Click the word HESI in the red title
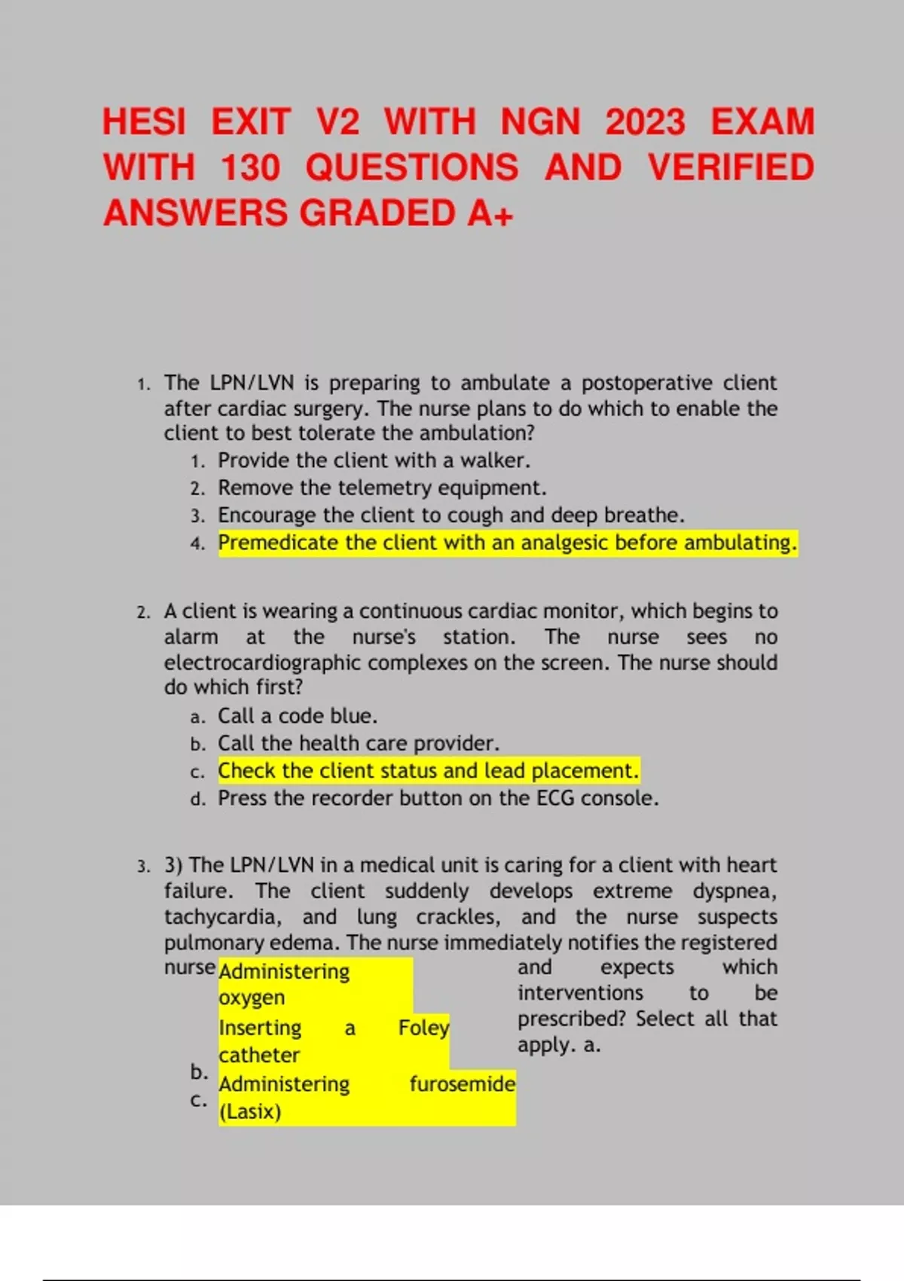coord(144,122)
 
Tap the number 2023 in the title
coord(646,122)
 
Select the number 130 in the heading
coord(250,167)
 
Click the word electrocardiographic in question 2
coord(263,662)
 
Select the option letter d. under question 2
coord(198,799)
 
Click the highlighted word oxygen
coord(252,998)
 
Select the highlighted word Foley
coord(423,1028)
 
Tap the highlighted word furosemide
coord(462,1084)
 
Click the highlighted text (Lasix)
coord(249,1111)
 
